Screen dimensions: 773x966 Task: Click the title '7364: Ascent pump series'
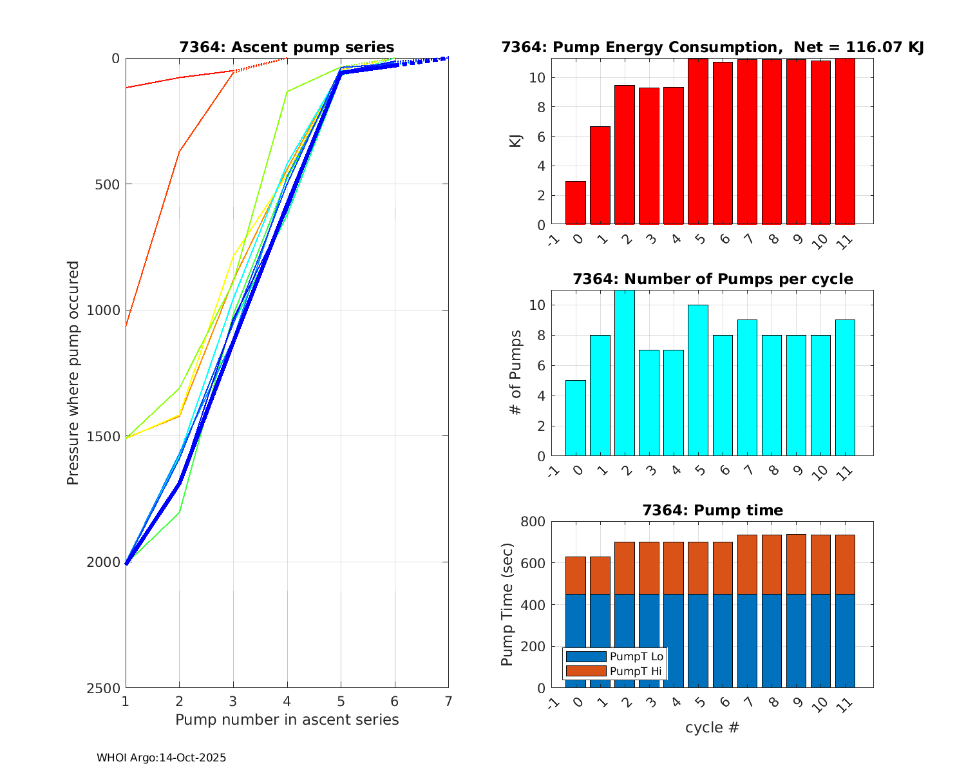[x=287, y=47]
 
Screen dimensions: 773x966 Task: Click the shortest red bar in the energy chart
[x=576, y=203]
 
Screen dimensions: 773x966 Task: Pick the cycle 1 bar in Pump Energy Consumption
[x=600, y=175]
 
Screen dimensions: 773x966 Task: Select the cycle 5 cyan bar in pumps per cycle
[x=698, y=380]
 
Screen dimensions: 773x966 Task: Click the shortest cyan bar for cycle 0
[x=576, y=418]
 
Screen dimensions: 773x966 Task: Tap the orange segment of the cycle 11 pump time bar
[x=845, y=564]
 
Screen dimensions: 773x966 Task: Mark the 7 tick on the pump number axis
[x=448, y=701]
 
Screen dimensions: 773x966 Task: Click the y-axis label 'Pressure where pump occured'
[x=73, y=373]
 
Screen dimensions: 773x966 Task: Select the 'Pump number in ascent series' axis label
[x=287, y=720]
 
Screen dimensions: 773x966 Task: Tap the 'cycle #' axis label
[x=712, y=728]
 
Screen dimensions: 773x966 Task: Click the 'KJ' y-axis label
[x=516, y=140]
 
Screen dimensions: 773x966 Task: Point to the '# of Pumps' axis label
[x=516, y=373]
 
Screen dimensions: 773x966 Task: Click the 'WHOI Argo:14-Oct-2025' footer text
[x=161, y=758]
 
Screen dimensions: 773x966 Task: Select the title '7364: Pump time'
[x=712, y=510]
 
